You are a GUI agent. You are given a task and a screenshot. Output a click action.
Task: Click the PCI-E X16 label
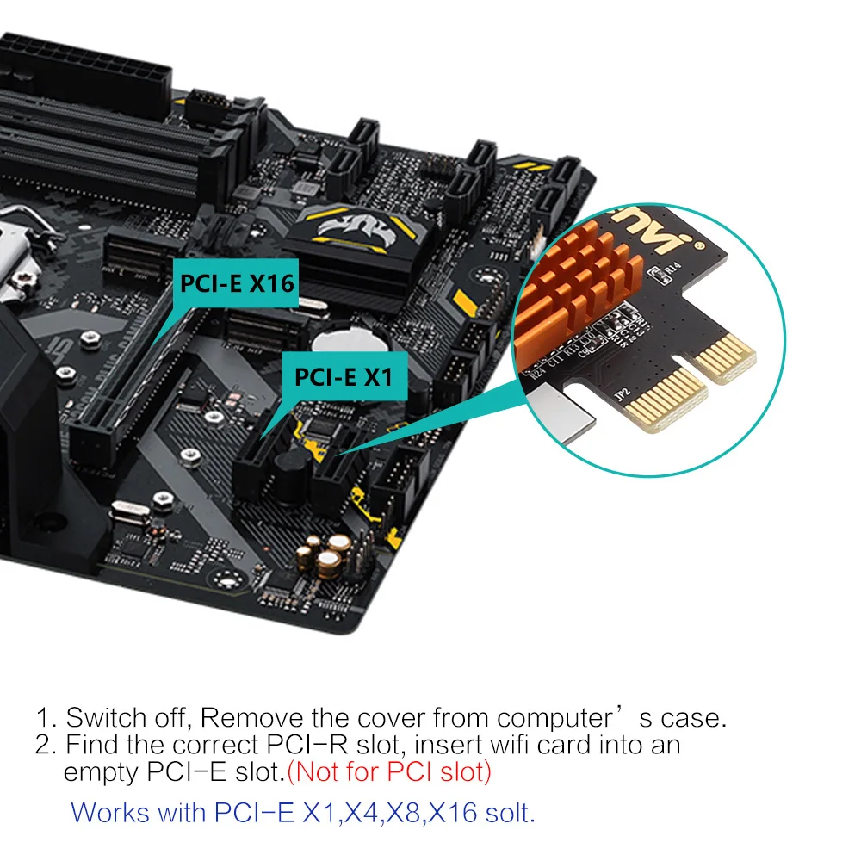tap(236, 283)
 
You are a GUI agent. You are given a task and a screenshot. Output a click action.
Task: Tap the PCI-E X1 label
tap(344, 377)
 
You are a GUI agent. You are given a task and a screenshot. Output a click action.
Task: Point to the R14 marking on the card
tap(672, 269)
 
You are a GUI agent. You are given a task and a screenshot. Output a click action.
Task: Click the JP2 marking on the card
tap(622, 393)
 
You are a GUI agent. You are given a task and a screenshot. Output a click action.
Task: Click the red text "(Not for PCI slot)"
tap(389, 771)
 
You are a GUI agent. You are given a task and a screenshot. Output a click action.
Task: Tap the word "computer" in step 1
tap(554, 718)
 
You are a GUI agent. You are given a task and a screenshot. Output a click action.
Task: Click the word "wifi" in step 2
tap(505, 745)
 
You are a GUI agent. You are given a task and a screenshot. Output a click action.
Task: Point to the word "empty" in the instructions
tap(101, 773)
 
